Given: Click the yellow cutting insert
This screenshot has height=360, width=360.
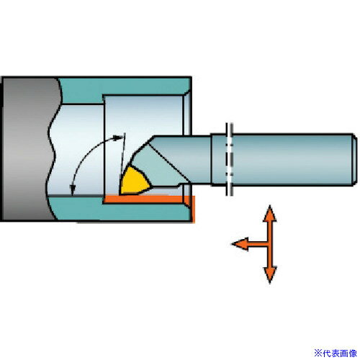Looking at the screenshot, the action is pos(134,182).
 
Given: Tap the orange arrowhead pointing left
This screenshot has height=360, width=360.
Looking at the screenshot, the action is pos(240,244).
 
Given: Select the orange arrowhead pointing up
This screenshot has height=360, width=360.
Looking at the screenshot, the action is pos(270,214).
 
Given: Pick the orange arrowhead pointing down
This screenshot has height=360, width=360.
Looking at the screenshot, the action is pos(270,275).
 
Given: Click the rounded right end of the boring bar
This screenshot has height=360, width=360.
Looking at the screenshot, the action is pos(354,160).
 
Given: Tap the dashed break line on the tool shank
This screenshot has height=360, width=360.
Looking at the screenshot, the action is pos(230,159).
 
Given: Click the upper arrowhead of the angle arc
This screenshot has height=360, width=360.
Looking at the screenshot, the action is pos(118,138).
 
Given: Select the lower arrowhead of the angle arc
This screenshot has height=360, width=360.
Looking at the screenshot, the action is pos(72,189).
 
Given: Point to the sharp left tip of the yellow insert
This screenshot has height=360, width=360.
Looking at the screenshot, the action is pos(120,194).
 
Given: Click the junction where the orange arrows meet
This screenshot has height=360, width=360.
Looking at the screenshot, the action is pos(270,244).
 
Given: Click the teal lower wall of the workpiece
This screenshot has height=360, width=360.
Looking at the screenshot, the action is pos(120,211).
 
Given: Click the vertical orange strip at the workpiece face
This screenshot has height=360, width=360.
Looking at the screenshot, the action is pos(193,209).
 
